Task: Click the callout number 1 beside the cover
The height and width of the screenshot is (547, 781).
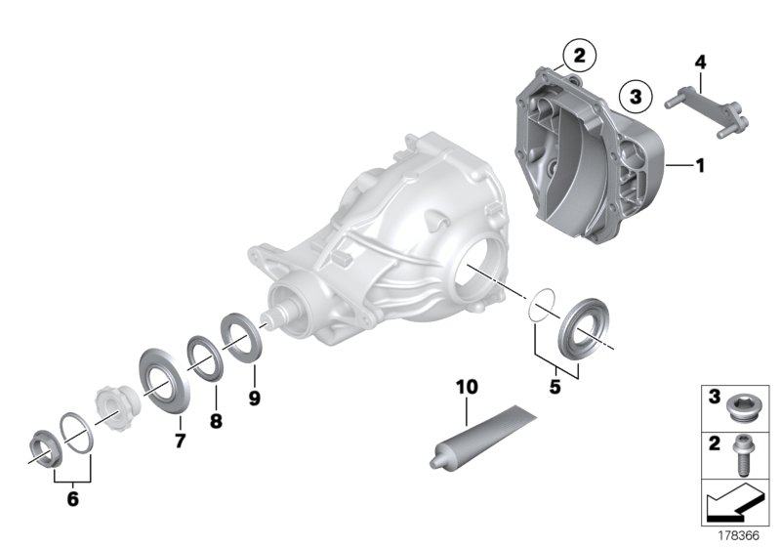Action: tap(700, 167)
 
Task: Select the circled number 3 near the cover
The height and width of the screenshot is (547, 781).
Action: tap(636, 96)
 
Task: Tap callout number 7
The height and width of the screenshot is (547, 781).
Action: tap(180, 441)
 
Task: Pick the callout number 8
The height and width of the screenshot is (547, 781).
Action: tap(216, 421)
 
